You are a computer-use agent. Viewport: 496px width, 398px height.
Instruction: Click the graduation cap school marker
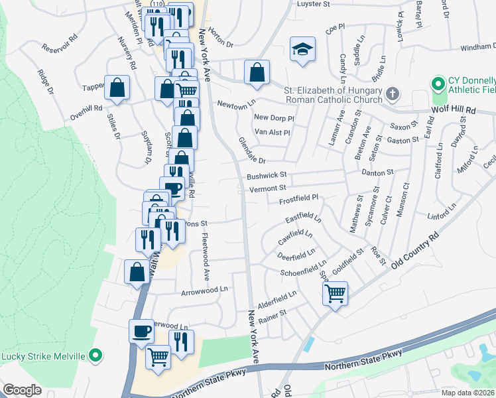pos(302,49)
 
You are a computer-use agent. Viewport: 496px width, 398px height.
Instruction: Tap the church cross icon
pos(393,94)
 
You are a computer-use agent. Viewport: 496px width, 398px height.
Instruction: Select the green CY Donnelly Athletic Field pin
pos(437,84)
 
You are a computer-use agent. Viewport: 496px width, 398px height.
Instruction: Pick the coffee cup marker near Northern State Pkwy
pos(141,330)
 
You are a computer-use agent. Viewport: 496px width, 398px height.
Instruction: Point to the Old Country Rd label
pos(415,250)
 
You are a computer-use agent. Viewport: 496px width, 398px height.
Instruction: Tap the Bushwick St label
pos(265,176)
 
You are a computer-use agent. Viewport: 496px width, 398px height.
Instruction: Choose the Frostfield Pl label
pos(298,198)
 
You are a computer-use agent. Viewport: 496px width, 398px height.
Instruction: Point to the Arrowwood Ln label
pos(204,291)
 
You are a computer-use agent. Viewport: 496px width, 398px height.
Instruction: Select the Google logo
pos(22,390)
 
